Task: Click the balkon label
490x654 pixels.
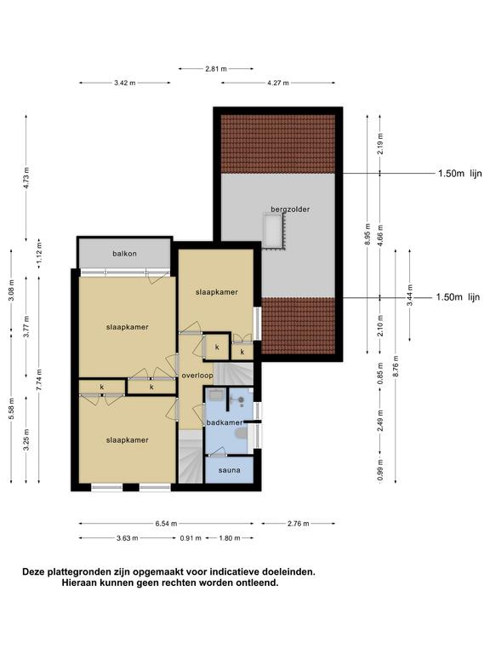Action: tap(124, 254)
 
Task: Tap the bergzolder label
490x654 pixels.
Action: tap(290, 209)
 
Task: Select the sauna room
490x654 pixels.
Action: tap(230, 470)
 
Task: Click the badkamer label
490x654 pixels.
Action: tap(225, 422)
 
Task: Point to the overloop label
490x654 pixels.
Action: tap(197, 376)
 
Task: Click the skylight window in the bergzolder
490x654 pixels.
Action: tap(275, 232)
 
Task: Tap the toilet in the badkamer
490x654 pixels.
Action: tap(241, 434)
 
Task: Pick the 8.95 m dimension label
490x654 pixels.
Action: tap(367, 234)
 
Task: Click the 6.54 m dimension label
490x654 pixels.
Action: tap(166, 524)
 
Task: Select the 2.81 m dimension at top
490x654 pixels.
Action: tap(216, 69)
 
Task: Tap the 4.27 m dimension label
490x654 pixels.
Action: tap(278, 83)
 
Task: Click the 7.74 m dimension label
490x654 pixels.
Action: tap(39, 380)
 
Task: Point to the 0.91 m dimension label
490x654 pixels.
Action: tap(191, 538)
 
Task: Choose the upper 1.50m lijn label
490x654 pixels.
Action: tap(460, 174)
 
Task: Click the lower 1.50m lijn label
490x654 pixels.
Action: tap(458, 297)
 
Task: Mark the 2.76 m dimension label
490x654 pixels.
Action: tap(299, 524)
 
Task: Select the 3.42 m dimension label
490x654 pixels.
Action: tap(125, 83)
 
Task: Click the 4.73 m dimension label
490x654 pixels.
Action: tap(26, 178)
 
